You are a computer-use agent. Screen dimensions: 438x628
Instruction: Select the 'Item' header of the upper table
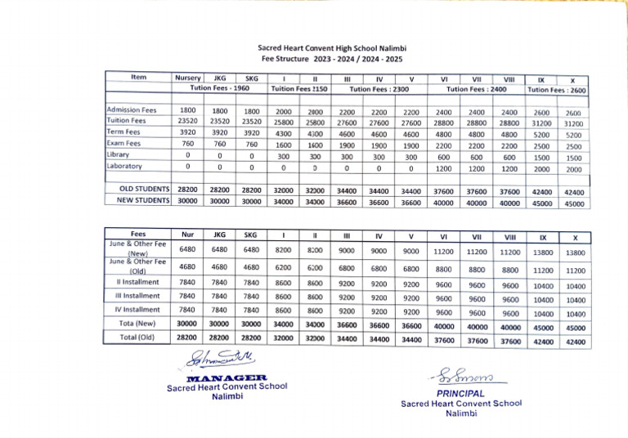pos(138,78)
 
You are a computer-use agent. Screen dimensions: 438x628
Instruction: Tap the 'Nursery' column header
pos(187,78)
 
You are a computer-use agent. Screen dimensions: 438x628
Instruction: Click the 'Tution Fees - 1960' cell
pos(220,87)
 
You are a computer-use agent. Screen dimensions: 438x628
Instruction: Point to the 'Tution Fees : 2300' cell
pos(379,88)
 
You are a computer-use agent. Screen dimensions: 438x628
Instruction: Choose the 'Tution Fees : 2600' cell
pos(556,89)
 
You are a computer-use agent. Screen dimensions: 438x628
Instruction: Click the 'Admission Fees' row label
pos(131,109)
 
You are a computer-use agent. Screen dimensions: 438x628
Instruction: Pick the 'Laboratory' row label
pos(124,166)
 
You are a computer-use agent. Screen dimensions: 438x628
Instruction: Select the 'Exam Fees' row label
pos(124,143)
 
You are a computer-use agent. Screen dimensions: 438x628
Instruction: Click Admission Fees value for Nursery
pos(187,110)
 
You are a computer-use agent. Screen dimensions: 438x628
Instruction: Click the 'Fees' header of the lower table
pos(138,234)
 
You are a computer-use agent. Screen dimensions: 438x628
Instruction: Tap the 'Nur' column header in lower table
pos(187,235)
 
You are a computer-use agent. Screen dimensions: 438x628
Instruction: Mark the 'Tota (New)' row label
pos(138,324)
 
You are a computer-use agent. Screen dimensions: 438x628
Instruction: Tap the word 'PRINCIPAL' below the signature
pos(460,393)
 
